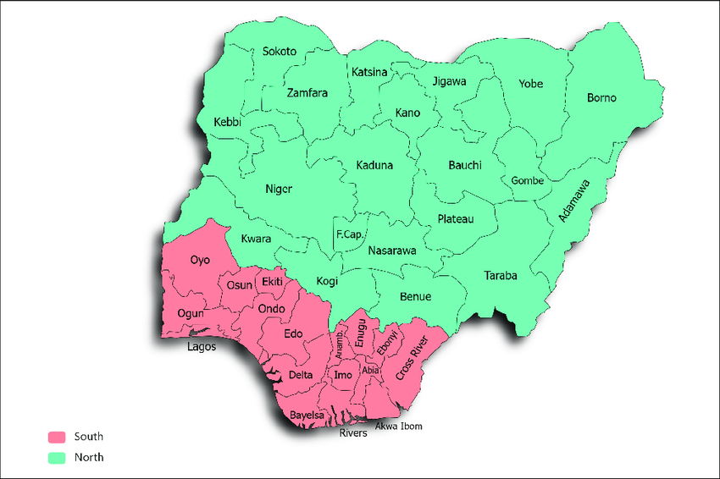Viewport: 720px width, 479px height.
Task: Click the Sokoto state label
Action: (279, 52)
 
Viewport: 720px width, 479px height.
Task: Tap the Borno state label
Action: (601, 98)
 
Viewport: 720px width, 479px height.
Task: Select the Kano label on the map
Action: (407, 113)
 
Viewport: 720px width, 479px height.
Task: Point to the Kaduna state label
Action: (374, 165)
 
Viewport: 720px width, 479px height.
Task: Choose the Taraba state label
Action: (500, 276)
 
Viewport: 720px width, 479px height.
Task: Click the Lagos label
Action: (202, 347)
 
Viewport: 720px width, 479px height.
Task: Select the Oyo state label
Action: (200, 260)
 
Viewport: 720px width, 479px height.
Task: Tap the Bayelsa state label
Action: (307, 416)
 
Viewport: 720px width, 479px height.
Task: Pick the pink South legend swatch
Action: (57, 437)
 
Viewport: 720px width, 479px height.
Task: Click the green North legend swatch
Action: (57, 457)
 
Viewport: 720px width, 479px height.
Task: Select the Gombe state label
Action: (527, 181)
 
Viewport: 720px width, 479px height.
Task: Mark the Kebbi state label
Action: (227, 123)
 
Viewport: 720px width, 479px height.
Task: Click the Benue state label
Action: (415, 296)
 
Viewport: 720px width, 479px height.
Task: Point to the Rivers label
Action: (353, 433)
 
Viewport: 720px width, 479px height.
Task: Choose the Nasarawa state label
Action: (392, 251)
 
